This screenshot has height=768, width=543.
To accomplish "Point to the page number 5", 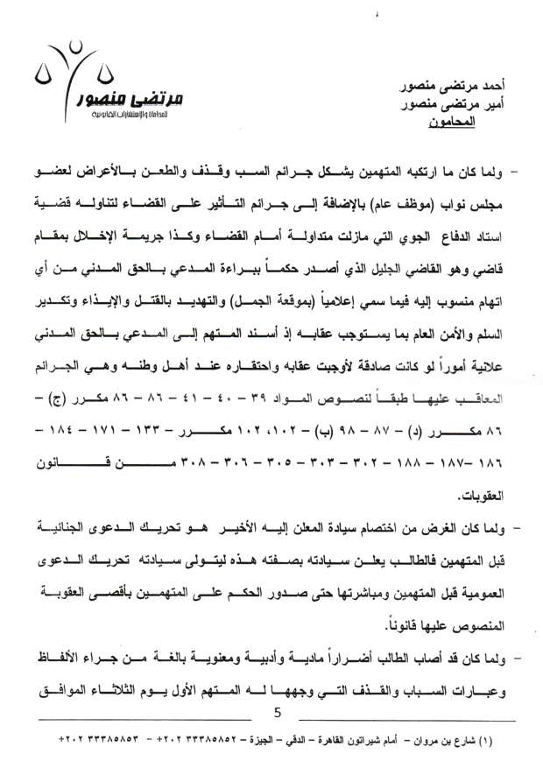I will pyautogui.click(x=277, y=713).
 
